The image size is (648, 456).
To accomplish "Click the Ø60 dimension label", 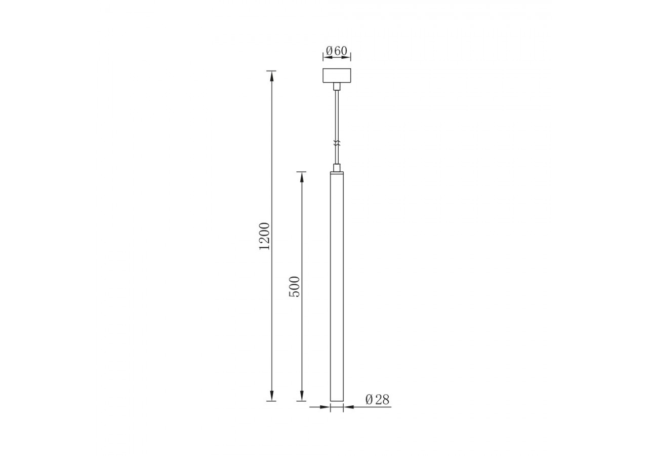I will pyautogui.click(x=337, y=51).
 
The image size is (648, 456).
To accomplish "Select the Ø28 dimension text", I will pyautogui.click(x=377, y=400).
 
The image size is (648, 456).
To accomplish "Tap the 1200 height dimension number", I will pyautogui.click(x=265, y=236).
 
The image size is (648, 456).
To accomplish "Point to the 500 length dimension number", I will pyautogui.click(x=294, y=286).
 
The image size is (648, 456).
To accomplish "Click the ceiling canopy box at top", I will pyautogui.click(x=337, y=75).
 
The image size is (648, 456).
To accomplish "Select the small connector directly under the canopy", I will pyautogui.click(x=337, y=87).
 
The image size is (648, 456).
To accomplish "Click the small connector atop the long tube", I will pyautogui.click(x=337, y=167).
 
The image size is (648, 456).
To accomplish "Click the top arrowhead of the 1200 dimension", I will pyautogui.click(x=272, y=75).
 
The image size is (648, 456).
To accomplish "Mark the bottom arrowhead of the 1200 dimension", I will pyautogui.click(x=272, y=396).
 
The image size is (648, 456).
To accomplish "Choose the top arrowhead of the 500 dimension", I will pyautogui.click(x=302, y=177).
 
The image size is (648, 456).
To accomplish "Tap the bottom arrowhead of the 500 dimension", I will pyautogui.click(x=302, y=396).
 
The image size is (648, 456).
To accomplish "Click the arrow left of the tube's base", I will pyautogui.click(x=325, y=407).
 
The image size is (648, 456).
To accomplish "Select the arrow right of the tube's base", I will pyautogui.click(x=349, y=407).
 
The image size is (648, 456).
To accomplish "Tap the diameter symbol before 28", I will pyautogui.click(x=369, y=400).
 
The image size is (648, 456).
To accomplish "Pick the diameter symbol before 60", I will pyautogui.click(x=329, y=51).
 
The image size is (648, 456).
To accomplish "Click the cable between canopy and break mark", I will pyautogui.click(x=337, y=114).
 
